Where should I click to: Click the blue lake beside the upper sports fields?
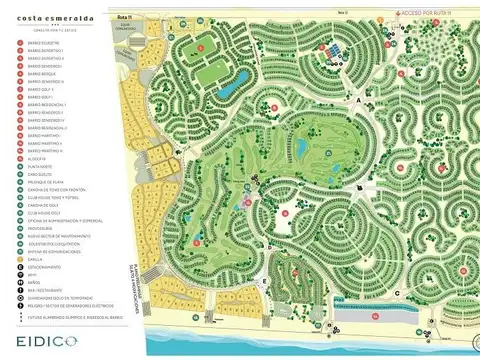point(225,89)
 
